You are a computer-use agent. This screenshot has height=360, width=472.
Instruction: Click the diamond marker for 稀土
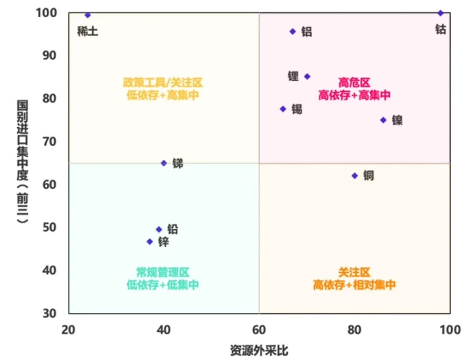click(x=87, y=15)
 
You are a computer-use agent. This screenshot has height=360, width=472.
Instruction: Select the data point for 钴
click(x=441, y=13)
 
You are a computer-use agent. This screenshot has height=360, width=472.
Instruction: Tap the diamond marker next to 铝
click(x=293, y=31)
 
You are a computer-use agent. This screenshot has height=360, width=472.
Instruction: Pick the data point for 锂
click(x=307, y=76)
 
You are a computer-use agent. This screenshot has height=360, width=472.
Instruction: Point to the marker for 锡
click(x=283, y=109)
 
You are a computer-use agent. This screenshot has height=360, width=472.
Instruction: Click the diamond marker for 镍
click(x=383, y=120)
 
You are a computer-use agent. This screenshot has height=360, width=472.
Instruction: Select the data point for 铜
click(x=354, y=176)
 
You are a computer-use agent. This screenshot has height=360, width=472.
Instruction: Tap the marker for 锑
click(x=164, y=163)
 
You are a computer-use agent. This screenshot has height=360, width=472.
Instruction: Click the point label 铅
click(x=173, y=229)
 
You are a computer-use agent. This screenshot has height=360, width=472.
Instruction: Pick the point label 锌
click(x=163, y=242)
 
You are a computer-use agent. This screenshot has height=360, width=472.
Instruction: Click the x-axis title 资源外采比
click(x=259, y=350)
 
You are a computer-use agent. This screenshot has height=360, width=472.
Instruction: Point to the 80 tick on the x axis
click(x=354, y=330)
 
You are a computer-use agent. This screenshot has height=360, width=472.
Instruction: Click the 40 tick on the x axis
click(x=164, y=330)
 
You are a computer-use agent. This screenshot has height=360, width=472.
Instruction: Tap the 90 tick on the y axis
click(x=49, y=55)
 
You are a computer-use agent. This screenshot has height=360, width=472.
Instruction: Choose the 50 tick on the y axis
click(x=49, y=227)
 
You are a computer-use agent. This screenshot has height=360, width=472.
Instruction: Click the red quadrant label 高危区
click(x=354, y=83)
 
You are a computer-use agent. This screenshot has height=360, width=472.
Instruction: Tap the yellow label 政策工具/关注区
click(x=163, y=83)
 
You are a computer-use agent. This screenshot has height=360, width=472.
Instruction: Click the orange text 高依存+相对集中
click(x=354, y=285)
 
